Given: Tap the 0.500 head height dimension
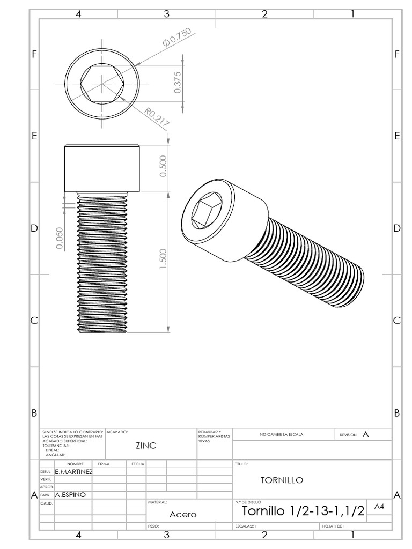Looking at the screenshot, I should coord(164,166).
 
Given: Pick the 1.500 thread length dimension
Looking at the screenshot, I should coord(164,259).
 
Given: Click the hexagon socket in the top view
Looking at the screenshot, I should coord(102,84).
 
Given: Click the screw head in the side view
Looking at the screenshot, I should coord(102,168).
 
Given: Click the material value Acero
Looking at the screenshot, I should coord(183,514).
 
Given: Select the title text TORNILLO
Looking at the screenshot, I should coord(282,480).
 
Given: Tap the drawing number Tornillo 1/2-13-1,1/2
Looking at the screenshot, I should coord(304,511).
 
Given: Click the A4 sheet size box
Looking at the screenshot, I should coord(379,506).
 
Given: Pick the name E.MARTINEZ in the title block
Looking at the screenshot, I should coord(73,472).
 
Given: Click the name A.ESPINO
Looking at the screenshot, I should coord(71,495).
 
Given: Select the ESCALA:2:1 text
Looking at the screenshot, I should coord(246,526).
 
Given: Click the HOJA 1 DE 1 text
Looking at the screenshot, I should coord(333,526).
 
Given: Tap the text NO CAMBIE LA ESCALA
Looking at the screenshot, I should coord(281,434).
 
